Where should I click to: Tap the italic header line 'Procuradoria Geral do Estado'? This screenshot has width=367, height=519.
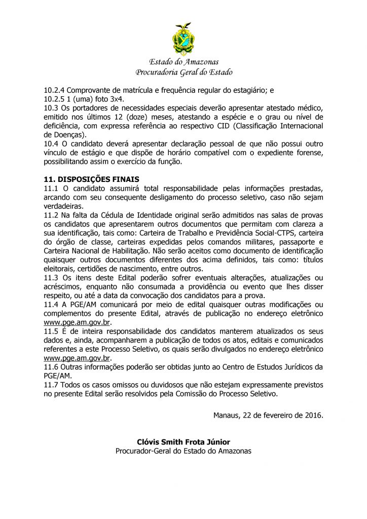click(x=183, y=72)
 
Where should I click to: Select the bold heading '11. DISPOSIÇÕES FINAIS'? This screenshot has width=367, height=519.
click(x=91, y=179)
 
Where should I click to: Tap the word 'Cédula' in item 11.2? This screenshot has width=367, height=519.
click(x=117, y=215)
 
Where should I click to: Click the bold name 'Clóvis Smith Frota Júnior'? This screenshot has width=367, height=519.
click(x=183, y=442)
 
